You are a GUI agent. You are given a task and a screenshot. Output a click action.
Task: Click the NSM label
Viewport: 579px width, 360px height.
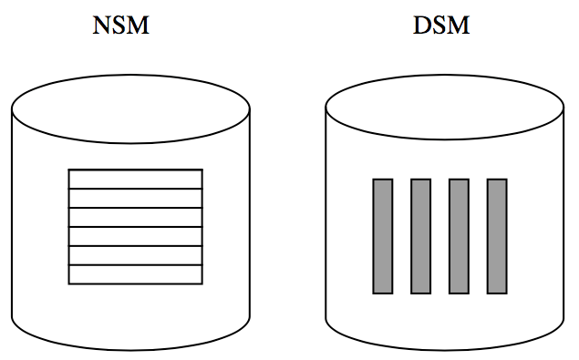tap(120, 26)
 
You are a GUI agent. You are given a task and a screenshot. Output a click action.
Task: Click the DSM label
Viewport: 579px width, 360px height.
tap(441, 26)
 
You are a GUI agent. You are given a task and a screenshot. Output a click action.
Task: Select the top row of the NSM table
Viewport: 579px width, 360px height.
tap(135, 179)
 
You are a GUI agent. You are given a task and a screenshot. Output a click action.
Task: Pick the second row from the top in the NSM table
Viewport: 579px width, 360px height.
tap(135, 198)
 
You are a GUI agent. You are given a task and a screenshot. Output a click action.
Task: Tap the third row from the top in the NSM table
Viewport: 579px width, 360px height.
tap(135, 217)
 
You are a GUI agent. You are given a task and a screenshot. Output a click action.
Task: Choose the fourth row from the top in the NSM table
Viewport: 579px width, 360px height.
tap(135, 236)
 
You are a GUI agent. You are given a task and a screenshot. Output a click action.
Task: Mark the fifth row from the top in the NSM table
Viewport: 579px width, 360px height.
tap(135, 255)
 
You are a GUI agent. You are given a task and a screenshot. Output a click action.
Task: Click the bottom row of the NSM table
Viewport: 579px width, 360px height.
tap(135, 274)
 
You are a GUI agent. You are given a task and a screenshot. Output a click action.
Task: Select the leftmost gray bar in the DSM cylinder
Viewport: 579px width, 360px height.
tap(383, 236)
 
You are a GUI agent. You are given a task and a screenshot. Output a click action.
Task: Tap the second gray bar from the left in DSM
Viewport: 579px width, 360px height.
tap(420, 236)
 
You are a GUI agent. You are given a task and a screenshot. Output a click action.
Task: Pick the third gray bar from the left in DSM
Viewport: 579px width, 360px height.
tap(459, 236)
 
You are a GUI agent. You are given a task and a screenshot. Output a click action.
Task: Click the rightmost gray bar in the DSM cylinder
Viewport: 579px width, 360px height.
tap(497, 236)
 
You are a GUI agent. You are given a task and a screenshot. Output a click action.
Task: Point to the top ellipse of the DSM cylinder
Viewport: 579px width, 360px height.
tap(444, 108)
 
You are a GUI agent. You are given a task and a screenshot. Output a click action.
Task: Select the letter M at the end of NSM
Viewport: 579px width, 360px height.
tap(138, 26)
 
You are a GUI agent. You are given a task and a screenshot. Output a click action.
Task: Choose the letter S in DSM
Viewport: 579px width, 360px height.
tap(440, 26)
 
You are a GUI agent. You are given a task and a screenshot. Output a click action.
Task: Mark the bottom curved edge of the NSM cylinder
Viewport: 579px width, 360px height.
tap(130, 352)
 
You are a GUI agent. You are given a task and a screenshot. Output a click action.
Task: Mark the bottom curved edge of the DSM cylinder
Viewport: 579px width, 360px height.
tap(444, 352)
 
